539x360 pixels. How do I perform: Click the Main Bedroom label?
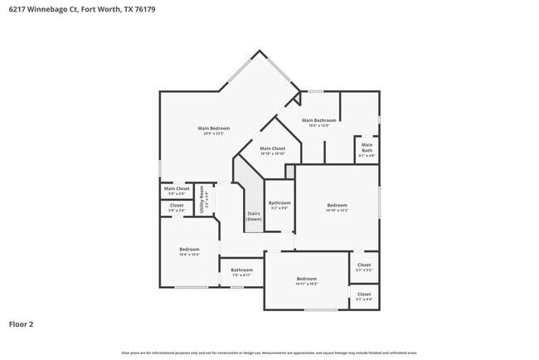pyautogui.click(x=213, y=128)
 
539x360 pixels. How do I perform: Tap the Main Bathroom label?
pyautogui.click(x=318, y=120)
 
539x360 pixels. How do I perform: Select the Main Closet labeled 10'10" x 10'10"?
pyautogui.click(x=272, y=148)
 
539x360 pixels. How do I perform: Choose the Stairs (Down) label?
pyautogui.click(x=254, y=216)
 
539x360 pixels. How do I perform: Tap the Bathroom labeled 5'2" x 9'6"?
pyautogui.click(x=279, y=203)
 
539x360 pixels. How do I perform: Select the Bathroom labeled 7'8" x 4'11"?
pyautogui.click(x=241, y=270)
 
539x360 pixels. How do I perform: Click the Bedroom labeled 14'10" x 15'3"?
pyautogui.click(x=337, y=205)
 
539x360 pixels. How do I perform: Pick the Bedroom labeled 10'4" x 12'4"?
pyautogui.click(x=189, y=250)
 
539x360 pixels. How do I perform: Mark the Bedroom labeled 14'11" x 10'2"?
pyautogui.click(x=306, y=279)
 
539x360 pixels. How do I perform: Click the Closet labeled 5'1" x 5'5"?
pyautogui.click(x=364, y=266)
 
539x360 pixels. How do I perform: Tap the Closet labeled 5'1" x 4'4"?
pyautogui.click(x=364, y=294)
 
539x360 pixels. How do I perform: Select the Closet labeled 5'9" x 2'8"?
pyautogui.click(x=177, y=205)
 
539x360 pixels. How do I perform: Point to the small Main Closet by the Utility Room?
pyautogui.click(x=177, y=188)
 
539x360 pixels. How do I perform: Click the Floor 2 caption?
pyautogui.click(x=21, y=324)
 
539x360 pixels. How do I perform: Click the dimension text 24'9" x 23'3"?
pyautogui.click(x=213, y=133)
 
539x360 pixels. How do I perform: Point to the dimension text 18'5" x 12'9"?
pyautogui.click(x=318, y=125)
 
